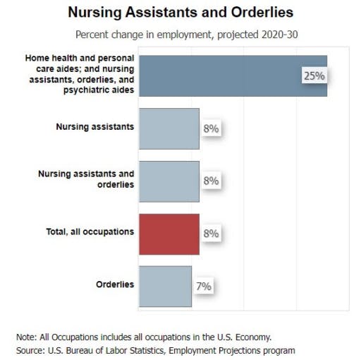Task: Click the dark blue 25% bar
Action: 233,76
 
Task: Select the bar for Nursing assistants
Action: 169,128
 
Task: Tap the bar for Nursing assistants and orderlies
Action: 169,181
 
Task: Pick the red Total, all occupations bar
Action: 169,234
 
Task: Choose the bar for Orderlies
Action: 166,287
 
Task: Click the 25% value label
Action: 314,76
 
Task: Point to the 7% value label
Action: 204,287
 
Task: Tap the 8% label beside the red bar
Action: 211,234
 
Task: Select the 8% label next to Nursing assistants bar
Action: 211,128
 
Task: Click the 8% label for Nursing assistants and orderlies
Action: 211,181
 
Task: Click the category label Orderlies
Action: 115,284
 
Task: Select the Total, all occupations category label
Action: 90,232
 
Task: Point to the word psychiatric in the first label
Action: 86,90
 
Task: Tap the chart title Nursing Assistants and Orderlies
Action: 180,12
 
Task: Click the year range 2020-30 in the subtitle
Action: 280,35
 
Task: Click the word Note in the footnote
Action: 25,337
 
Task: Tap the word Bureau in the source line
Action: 80,351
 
